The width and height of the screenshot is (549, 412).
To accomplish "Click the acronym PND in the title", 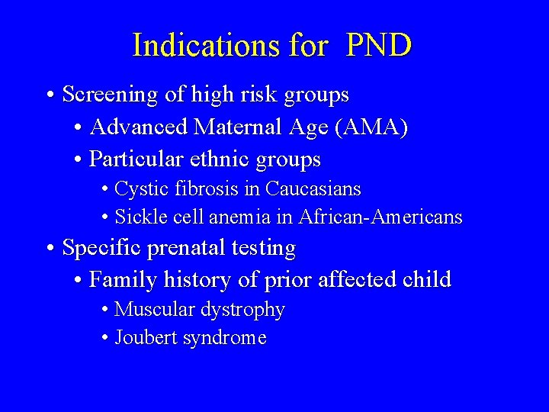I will click(379, 46).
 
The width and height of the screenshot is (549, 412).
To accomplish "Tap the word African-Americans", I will click(380, 217).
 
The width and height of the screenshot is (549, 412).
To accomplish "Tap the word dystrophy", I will click(242, 311).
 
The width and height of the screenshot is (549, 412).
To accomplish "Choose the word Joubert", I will click(145, 338).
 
